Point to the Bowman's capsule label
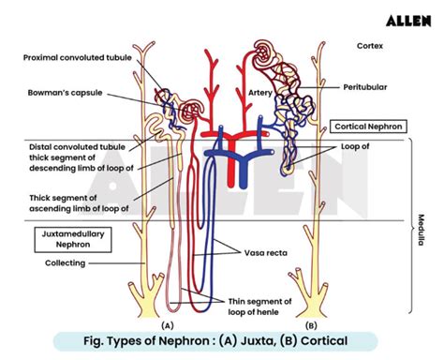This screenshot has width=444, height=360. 64,94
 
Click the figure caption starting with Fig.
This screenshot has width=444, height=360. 222,341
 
